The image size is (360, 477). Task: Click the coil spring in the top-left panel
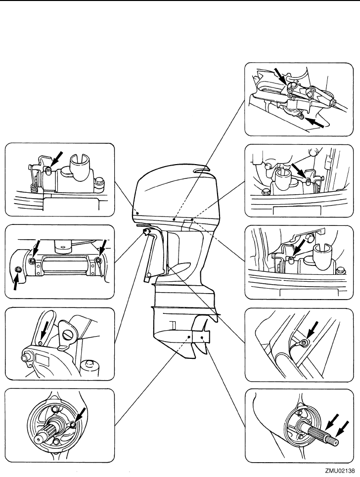point(34,188)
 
